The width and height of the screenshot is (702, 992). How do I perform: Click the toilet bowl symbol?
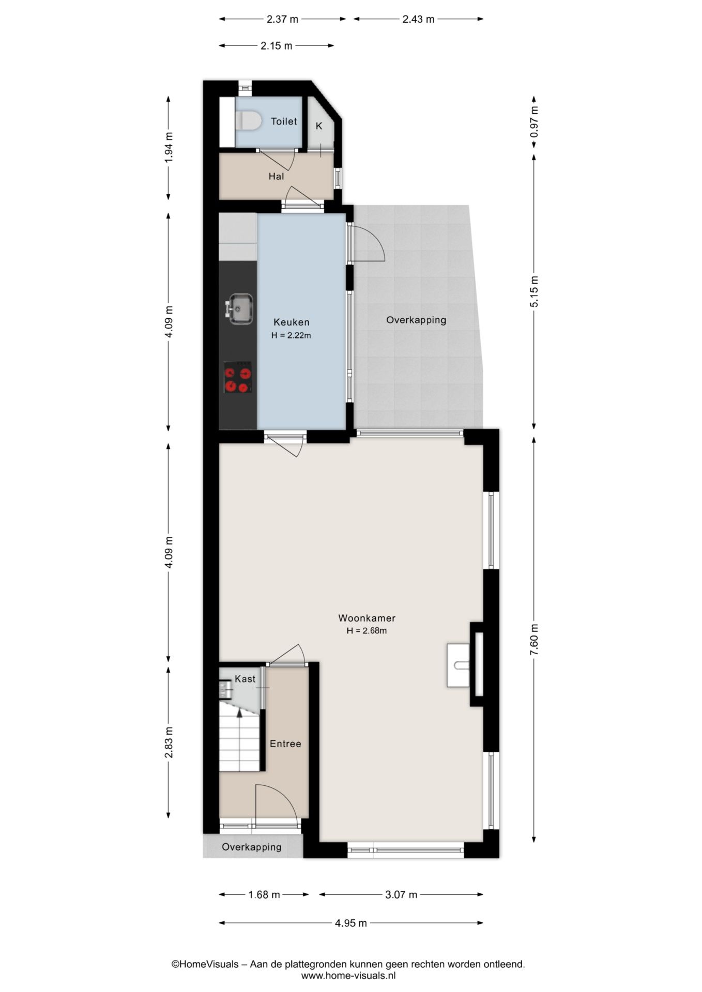click(x=248, y=121)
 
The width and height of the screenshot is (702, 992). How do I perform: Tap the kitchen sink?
click(x=239, y=309)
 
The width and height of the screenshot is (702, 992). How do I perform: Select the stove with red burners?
click(x=238, y=377)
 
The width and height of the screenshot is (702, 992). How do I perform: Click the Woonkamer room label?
click(x=367, y=618)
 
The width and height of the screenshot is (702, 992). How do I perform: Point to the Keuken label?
click(x=292, y=322)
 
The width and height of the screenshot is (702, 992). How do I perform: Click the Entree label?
click(x=285, y=743)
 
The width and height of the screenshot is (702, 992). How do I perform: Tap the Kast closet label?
click(x=245, y=679)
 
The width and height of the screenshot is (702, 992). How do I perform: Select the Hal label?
click(x=276, y=176)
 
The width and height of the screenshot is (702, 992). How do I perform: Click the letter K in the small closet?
click(x=319, y=126)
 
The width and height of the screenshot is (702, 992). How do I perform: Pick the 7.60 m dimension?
click(x=534, y=639)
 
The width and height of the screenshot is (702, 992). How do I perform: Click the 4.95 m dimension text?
click(x=351, y=923)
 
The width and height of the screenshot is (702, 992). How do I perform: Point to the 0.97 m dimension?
click(x=534, y=121)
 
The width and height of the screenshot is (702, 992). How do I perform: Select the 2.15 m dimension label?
click(x=276, y=45)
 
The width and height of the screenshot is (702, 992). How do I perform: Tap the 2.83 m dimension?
click(x=169, y=742)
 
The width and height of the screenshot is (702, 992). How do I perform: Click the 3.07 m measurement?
click(x=401, y=894)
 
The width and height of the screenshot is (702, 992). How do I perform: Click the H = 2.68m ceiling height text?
click(x=367, y=631)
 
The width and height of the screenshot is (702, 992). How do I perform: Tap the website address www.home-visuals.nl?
click(x=348, y=975)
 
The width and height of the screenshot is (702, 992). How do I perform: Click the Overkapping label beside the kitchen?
click(x=416, y=320)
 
